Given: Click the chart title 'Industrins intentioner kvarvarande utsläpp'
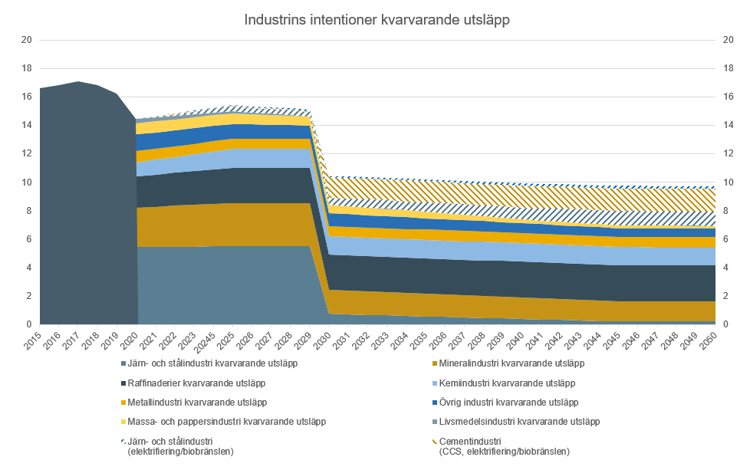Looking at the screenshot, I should [x=377, y=20].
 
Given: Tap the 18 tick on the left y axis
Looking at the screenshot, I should [x=25, y=68].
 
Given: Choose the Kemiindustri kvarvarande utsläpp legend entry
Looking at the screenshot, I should [x=505, y=383].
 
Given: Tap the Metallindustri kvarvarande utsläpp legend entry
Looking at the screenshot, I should [x=199, y=402].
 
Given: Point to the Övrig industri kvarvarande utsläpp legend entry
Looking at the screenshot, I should [x=507, y=402].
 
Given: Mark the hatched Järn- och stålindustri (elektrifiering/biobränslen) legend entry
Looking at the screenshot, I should [x=180, y=445].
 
